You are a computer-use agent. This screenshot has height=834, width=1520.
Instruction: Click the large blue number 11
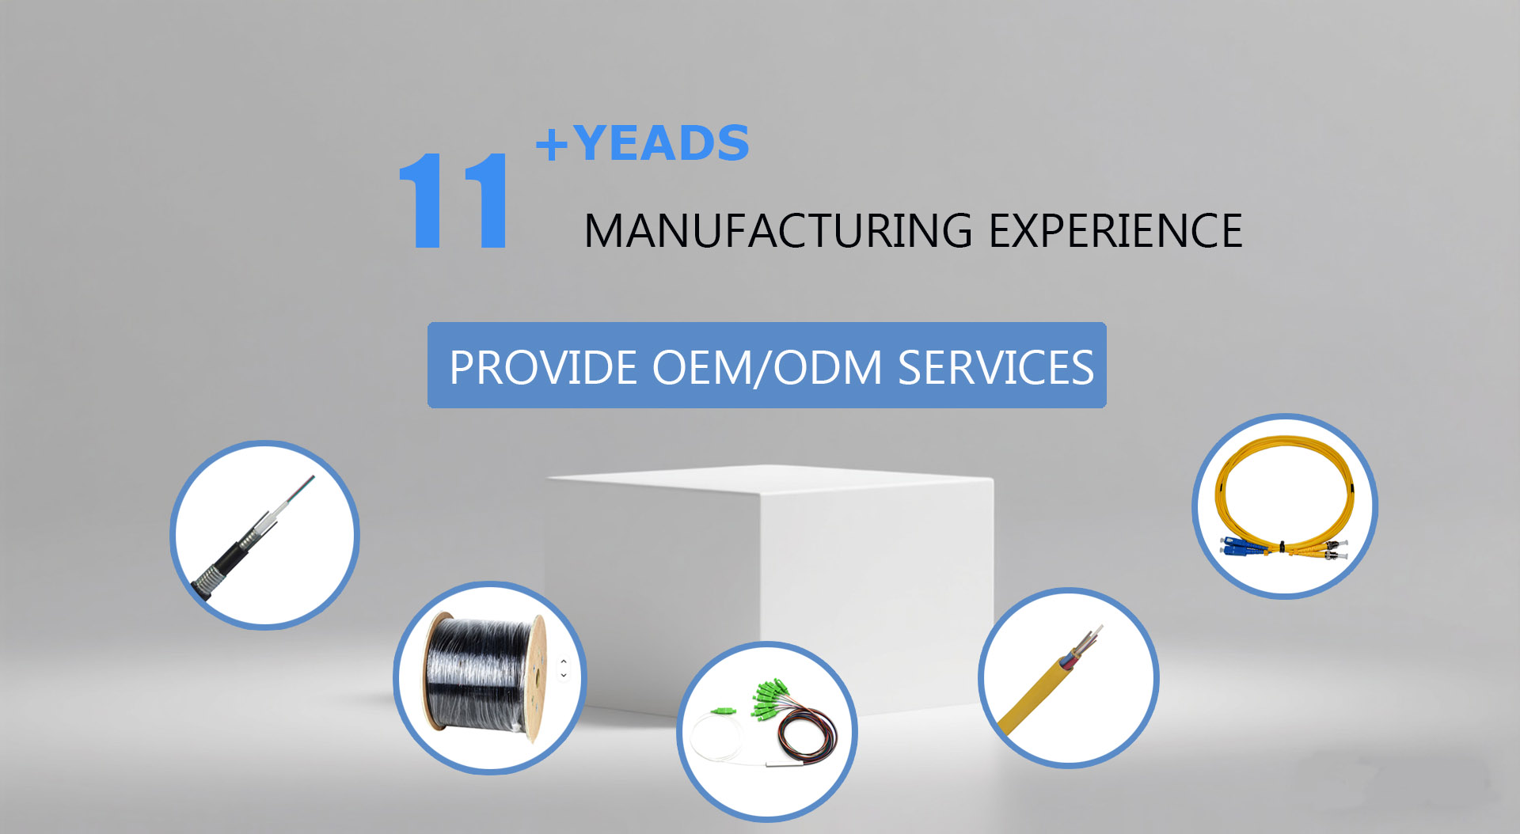click(453, 201)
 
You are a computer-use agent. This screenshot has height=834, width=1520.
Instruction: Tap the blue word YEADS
click(661, 143)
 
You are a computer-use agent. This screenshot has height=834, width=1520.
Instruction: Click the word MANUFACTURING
click(778, 231)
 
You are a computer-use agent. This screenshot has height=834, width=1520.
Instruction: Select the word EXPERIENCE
click(1115, 231)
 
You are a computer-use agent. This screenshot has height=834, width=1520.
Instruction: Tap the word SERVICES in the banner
click(996, 368)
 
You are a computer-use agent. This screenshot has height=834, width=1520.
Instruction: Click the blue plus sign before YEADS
click(552, 145)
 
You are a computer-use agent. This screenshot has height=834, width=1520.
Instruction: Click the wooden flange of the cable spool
click(536, 678)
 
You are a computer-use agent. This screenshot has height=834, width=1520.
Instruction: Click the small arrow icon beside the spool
click(564, 669)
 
